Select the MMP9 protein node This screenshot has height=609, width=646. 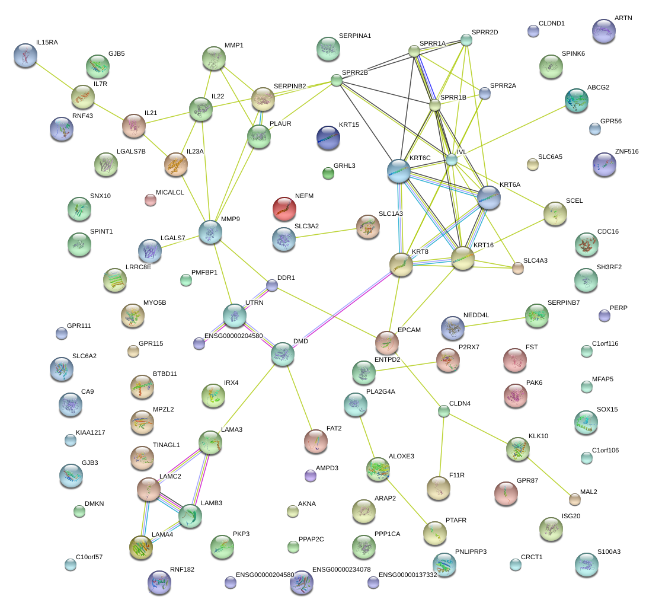point(210,231)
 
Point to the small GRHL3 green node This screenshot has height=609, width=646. point(328,173)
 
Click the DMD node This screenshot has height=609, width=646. point(283,353)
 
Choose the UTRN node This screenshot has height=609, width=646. point(235,315)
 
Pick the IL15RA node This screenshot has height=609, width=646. point(25,55)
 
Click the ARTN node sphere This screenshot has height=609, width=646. point(603,30)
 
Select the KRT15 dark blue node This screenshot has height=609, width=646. point(328,137)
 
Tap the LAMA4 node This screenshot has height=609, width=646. point(140,546)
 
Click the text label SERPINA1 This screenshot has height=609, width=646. point(355,36)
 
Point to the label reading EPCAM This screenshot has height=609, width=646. point(409,330)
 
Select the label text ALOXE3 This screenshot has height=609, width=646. point(401,456)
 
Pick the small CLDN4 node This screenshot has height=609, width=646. point(444,410)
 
